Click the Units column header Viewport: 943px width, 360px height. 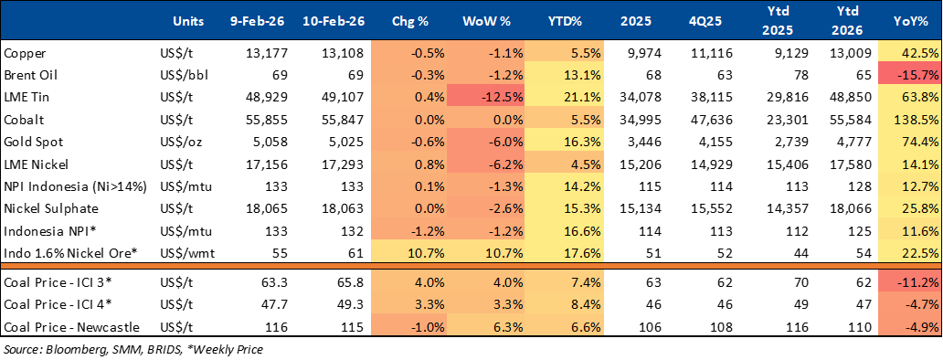pos(187,20)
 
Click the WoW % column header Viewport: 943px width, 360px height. pos(485,20)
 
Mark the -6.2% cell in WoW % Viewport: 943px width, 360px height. pos(485,164)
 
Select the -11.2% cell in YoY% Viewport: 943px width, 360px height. pos(910,282)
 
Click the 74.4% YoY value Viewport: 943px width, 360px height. pos(910,143)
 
